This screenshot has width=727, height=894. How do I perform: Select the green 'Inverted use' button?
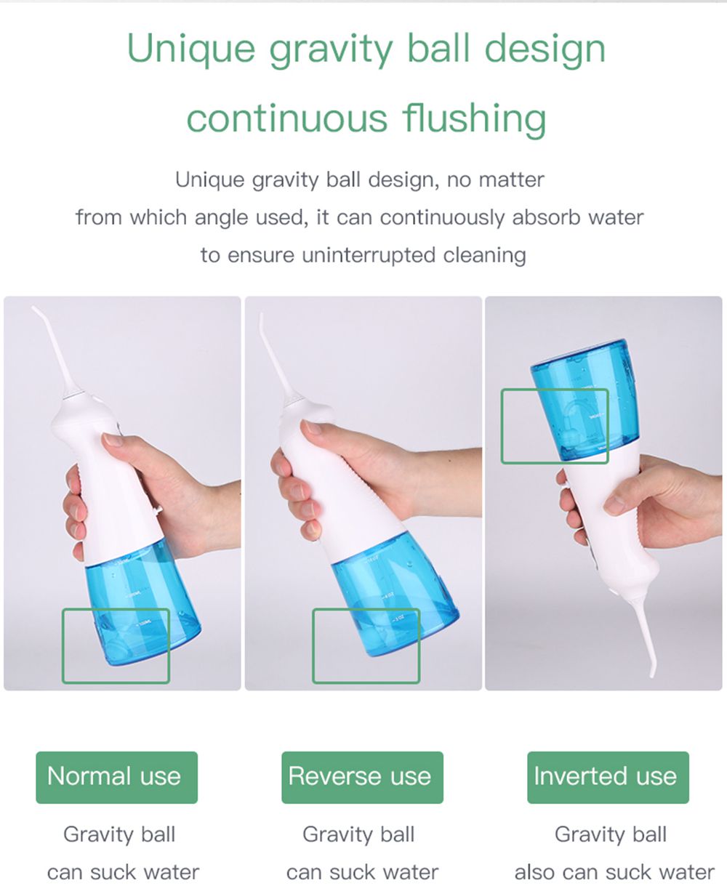coord(607,776)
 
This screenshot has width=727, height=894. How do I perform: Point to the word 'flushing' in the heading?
coord(475,118)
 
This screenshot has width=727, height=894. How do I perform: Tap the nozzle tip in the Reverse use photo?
coord(262,315)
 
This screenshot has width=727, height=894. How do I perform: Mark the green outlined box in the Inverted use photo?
coord(554,426)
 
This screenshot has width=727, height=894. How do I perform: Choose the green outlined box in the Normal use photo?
coord(116,645)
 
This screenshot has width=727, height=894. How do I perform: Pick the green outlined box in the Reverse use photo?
coord(366,645)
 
